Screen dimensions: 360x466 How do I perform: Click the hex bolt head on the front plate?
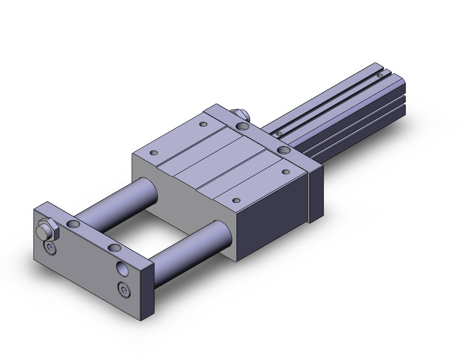[x=44, y=232]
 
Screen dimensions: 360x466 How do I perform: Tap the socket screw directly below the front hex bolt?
[x=50, y=247]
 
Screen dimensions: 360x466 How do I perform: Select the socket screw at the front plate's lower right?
[x=126, y=289]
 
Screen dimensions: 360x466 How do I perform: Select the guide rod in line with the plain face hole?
[x=187, y=251]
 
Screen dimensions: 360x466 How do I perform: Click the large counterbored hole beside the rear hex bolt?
[x=244, y=126]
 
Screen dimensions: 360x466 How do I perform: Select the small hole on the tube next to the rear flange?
[x=280, y=133]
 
